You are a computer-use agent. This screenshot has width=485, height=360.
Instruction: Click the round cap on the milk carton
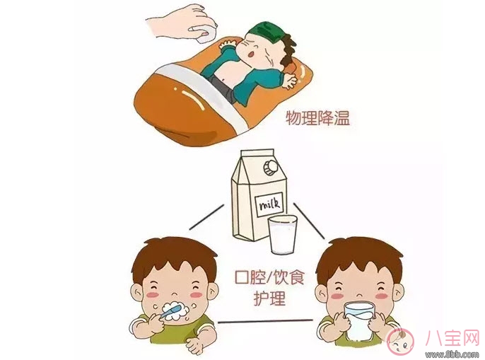coord(270,167)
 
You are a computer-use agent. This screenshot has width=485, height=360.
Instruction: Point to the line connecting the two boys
coord(266,322)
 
